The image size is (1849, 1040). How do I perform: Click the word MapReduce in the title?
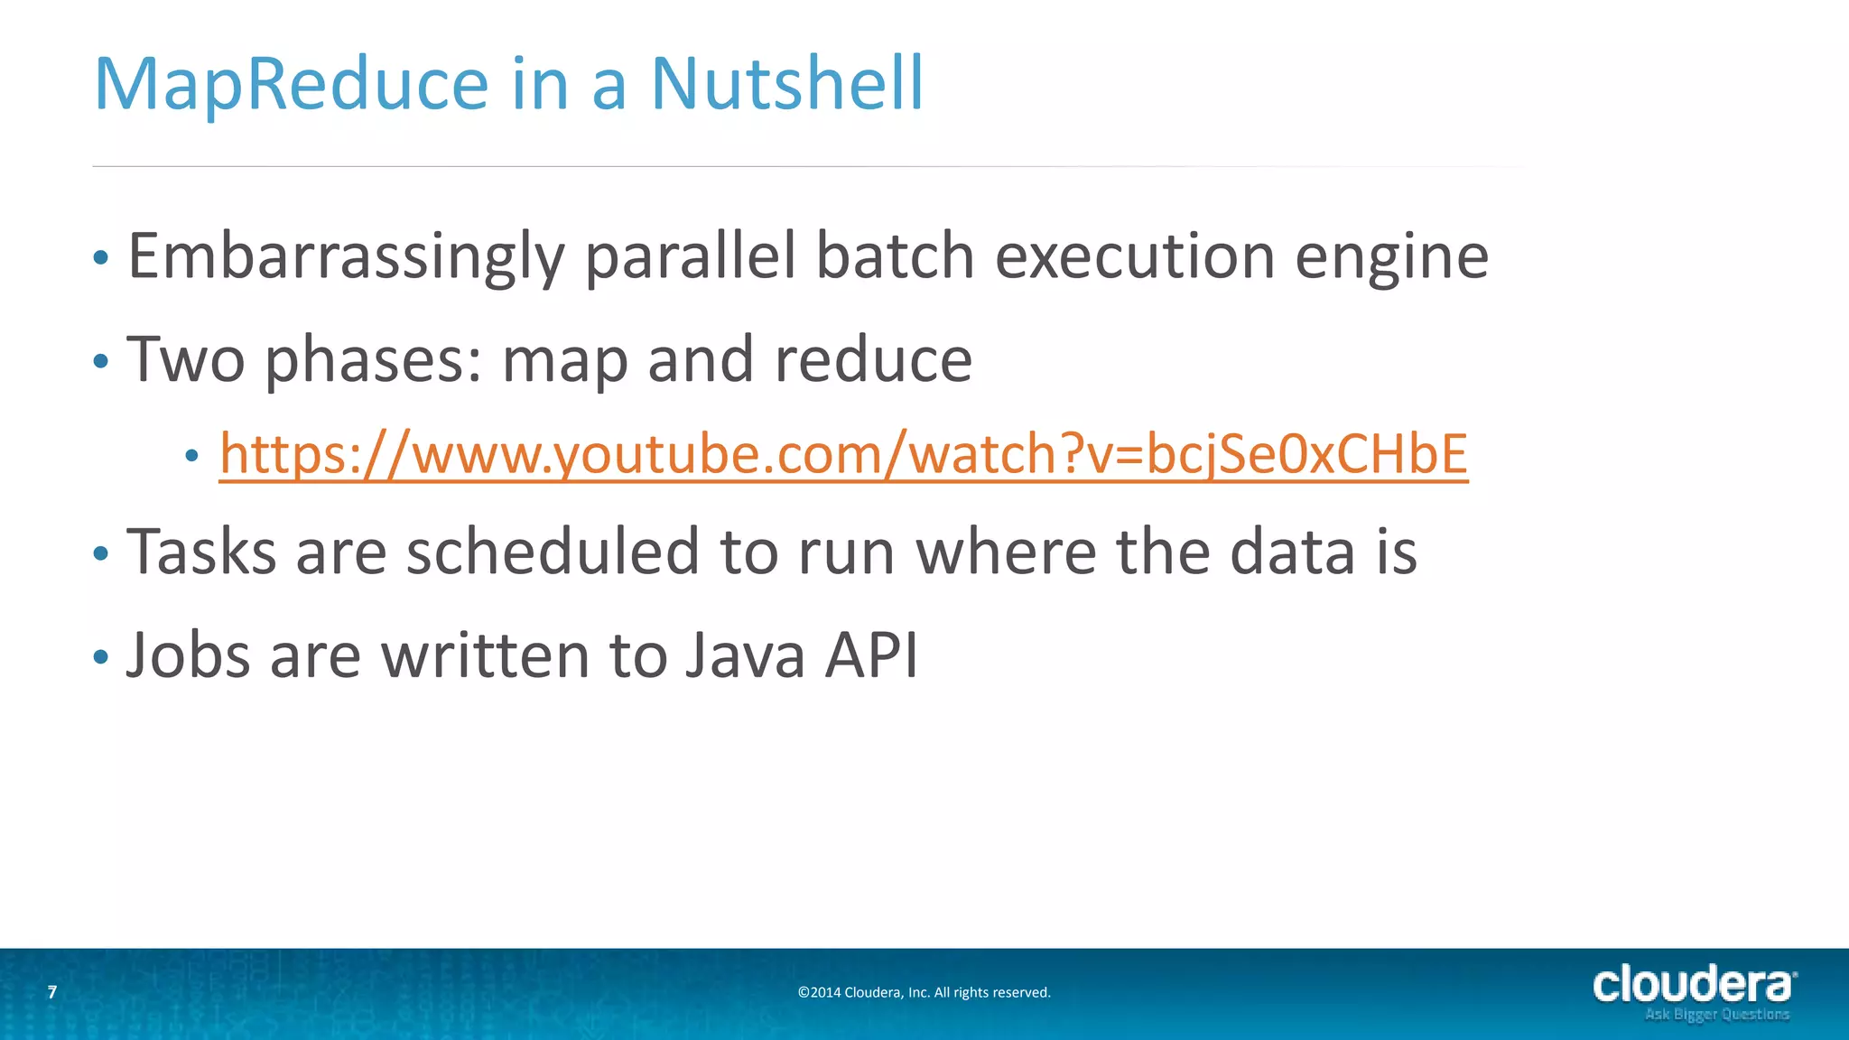(x=291, y=84)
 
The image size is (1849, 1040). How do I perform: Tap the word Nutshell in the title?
(x=787, y=84)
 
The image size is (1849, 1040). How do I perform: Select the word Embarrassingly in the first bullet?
(x=346, y=257)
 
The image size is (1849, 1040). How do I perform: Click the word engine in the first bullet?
(x=1391, y=257)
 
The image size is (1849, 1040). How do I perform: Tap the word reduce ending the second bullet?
(x=873, y=360)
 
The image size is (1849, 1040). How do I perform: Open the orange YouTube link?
(x=843, y=454)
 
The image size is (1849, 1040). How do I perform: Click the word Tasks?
(x=201, y=552)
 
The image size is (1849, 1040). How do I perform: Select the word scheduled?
(x=553, y=552)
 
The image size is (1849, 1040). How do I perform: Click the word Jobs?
(x=189, y=655)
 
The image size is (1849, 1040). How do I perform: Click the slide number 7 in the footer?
(x=52, y=992)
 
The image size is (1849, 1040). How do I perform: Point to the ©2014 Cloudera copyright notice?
(x=924, y=993)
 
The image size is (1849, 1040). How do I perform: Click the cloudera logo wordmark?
(x=1693, y=985)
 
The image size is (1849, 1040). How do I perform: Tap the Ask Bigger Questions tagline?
(x=1716, y=1015)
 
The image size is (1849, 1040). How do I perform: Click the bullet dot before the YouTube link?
(x=190, y=456)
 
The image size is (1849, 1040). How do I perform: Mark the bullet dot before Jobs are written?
(x=100, y=657)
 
